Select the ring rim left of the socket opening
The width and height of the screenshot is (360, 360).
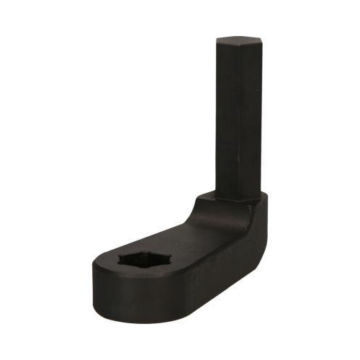(108, 263)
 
